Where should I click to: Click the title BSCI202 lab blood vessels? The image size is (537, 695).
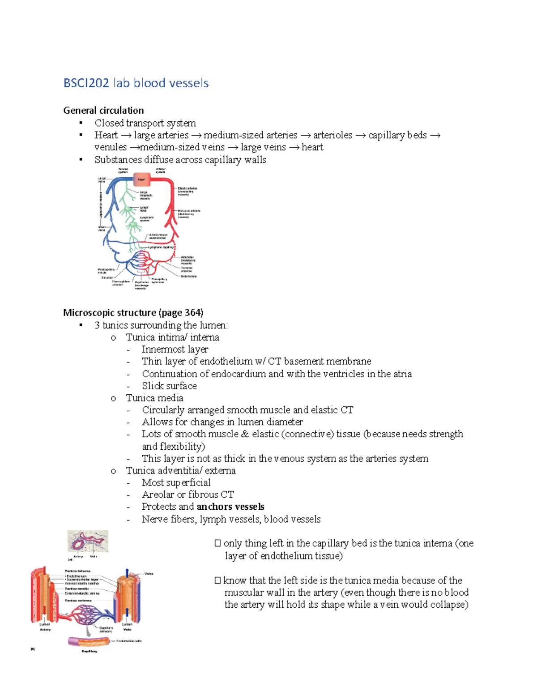tap(136, 83)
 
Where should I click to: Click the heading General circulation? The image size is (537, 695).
tap(103, 111)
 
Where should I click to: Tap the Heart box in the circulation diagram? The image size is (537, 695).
tap(141, 179)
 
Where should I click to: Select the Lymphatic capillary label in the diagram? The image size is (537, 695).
tap(161, 247)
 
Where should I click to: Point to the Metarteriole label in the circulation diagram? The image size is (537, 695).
tap(188, 276)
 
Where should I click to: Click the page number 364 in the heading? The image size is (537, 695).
tap(193, 312)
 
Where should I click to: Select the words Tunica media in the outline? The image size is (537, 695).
tap(154, 398)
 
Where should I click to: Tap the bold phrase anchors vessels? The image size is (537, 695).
tap(230, 507)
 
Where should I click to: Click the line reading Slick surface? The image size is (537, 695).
tap(169, 386)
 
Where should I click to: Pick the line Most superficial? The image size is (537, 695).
tap(176, 482)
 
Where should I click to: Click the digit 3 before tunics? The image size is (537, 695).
tap(97, 325)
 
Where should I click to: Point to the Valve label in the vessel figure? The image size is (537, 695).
tap(149, 573)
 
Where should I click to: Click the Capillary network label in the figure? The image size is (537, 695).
tap(106, 629)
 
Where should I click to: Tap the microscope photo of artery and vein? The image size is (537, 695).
tap(88, 542)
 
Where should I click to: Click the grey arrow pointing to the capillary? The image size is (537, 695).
tap(89, 631)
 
